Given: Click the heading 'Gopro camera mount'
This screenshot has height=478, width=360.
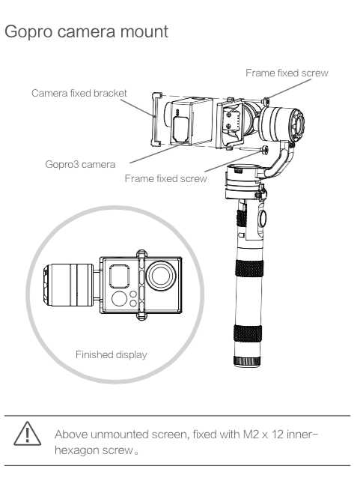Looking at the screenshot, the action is [x=87, y=31].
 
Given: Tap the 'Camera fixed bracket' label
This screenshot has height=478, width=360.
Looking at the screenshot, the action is [x=79, y=93].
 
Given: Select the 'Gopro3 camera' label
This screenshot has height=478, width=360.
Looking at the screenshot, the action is [x=80, y=165].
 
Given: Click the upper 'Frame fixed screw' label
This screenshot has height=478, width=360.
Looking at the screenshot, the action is [x=287, y=73].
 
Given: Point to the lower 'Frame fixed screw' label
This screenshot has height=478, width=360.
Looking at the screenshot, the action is [x=166, y=178].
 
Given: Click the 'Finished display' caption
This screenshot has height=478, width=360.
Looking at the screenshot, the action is [x=112, y=355].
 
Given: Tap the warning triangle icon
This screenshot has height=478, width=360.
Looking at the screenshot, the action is [x=28, y=434].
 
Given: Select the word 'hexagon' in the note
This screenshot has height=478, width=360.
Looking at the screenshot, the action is [x=77, y=450].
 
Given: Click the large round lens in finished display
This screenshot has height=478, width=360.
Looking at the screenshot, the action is [x=161, y=276].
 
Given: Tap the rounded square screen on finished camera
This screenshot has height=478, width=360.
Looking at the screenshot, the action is [x=120, y=276].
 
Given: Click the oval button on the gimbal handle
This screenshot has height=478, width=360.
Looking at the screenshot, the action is [x=262, y=218].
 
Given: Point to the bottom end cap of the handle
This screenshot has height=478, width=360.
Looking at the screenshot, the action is [x=247, y=361].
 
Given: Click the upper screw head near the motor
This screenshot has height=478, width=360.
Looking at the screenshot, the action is [x=266, y=100].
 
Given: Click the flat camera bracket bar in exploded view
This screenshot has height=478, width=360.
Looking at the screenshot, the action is [x=156, y=120].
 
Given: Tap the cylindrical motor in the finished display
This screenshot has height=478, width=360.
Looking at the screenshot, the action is [x=69, y=285].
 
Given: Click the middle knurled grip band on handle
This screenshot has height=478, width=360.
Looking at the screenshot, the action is [x=249, y=268].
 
